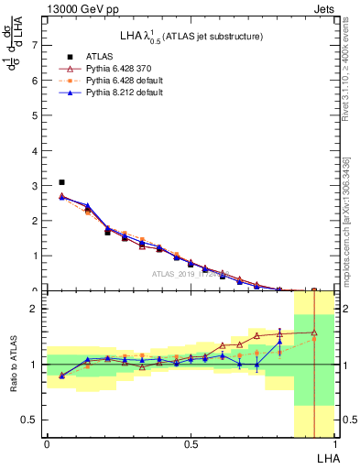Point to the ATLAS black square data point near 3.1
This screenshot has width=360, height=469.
point(61,182)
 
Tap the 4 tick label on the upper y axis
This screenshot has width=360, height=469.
point(34,150)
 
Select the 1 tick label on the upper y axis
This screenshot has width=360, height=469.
point(34,256)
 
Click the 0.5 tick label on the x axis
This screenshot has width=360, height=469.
point(191,444)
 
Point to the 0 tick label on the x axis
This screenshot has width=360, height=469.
point(47,444)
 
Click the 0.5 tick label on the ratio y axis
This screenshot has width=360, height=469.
point(30,420)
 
